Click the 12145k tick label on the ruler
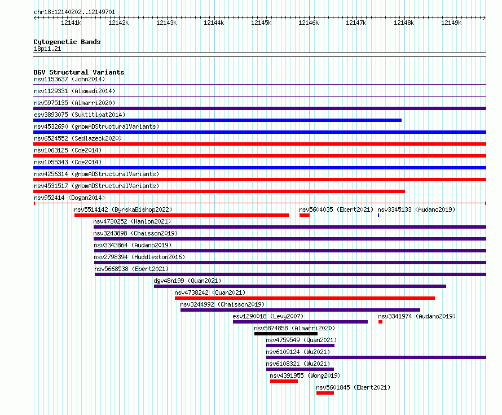point(261,23)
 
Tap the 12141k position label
point(71,23)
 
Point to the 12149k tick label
point(451,23)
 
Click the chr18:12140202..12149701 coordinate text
point(74,12)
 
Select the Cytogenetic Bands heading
point(67,42)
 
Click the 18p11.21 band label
point(47,49)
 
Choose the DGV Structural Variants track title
point(79,72)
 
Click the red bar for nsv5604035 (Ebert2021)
point(305,215)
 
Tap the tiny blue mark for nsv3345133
point(378,215)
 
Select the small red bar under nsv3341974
point(380,322)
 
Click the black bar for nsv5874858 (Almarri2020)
point(286,334)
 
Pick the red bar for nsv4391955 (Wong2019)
point(284,381)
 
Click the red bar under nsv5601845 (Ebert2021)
point(325,393)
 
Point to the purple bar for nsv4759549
point(300,346)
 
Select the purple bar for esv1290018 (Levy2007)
point(300,322)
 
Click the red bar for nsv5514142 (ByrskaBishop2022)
point(182,215)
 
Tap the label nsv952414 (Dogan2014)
point(69,198)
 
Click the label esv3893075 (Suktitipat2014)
point(80,115)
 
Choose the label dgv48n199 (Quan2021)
point(187,281)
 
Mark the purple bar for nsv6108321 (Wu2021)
point(300,369)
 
